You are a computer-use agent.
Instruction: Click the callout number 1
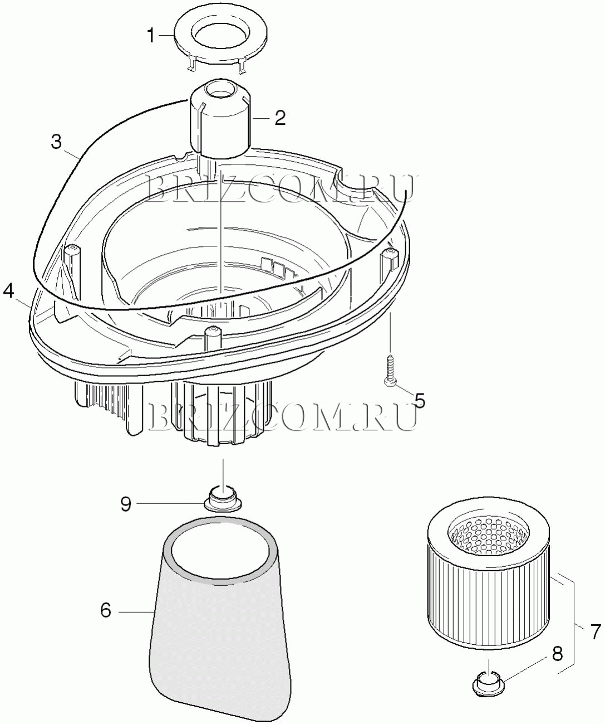click(151, 36)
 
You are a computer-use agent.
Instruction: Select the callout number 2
click(279, 118)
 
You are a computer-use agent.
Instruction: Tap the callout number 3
click(56, 142)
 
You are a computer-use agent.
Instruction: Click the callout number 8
click(557, 655)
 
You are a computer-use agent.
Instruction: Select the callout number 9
click(126, 504)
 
